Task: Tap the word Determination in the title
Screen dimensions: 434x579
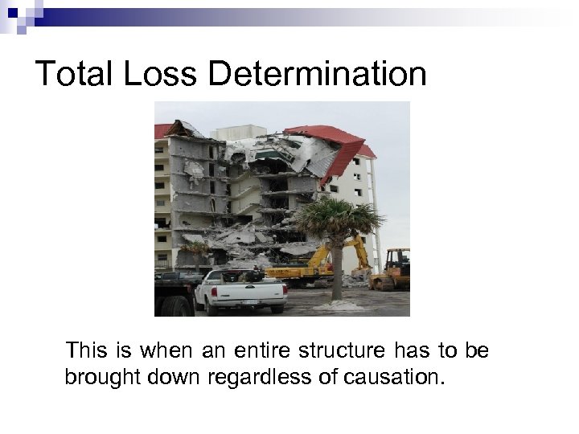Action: point(318,75)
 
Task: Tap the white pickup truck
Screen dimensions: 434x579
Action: point(240,291)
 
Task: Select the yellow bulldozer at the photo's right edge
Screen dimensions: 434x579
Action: point(394,269)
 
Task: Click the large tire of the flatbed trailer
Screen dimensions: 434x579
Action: point(180,306)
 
